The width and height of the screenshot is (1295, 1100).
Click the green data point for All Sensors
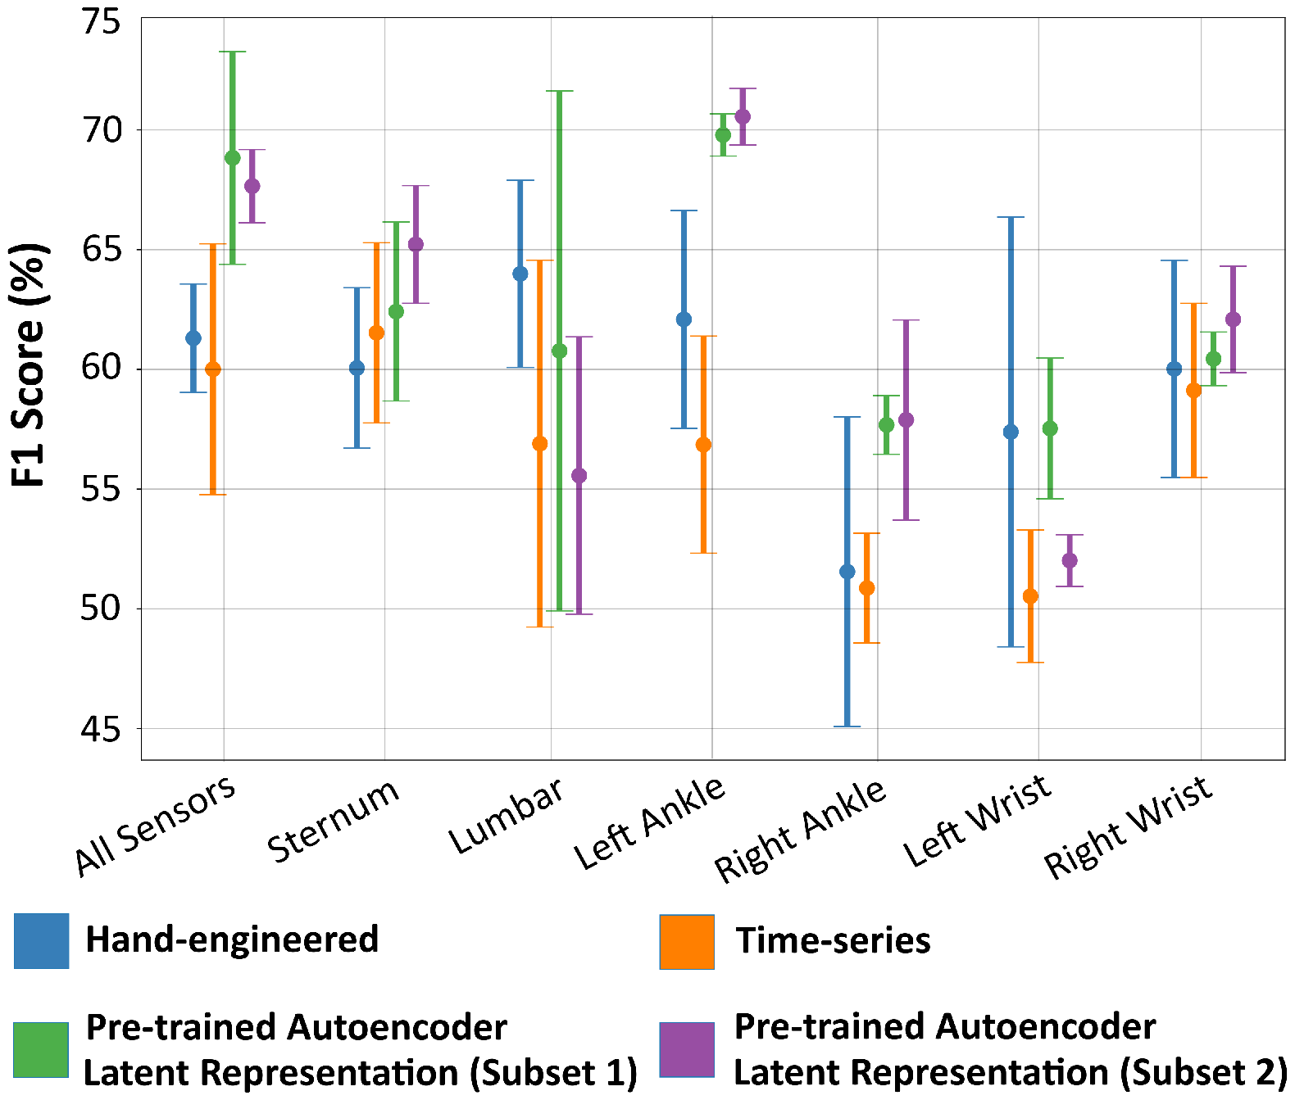pos(233,158)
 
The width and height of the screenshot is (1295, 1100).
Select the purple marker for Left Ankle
pos(743,116)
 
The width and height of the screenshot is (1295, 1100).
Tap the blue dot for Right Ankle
pos(847,572)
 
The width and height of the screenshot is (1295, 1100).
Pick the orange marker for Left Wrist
pos(1030,596)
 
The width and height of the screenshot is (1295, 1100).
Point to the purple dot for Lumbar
pos(579,476)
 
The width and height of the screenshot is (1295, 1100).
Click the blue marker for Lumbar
pos(520,274)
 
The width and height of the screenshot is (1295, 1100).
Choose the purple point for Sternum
pos(416,244)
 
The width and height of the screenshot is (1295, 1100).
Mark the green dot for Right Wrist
pos(1214,359)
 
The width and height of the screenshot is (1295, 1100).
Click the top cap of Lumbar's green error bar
pos(560,91)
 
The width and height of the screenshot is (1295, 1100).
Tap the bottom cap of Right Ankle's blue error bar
pos(847,727)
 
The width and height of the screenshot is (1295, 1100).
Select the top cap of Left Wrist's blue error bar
pos(1011,217)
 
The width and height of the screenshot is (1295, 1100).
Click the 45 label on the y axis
pos(100,729)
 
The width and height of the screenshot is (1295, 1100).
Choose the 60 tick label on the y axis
pos(100,368)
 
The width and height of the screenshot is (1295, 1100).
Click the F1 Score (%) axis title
pos(28,365)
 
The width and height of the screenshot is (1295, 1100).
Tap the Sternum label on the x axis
pos(333,821)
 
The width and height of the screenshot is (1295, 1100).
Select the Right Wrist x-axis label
pos(1129,827)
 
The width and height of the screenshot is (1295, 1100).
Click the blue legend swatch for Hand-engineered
pos(41,941)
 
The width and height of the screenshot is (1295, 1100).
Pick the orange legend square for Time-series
pos(687,942)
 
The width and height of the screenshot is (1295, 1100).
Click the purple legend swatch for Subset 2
pos(687,1050)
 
